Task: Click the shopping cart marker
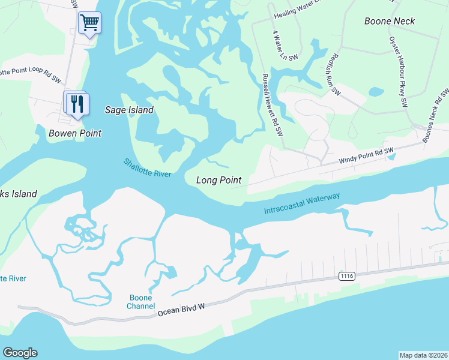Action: coord(89,23)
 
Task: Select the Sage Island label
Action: coord(129,110)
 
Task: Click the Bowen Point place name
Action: coord(75,133)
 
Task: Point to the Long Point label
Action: coord(219,180)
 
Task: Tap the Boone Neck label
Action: coord(390,21)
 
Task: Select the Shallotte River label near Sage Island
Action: coord(148,167)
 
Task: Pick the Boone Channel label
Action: coord(140,302)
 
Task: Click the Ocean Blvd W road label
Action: coord(181,310)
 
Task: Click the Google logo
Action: coord(20,353)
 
